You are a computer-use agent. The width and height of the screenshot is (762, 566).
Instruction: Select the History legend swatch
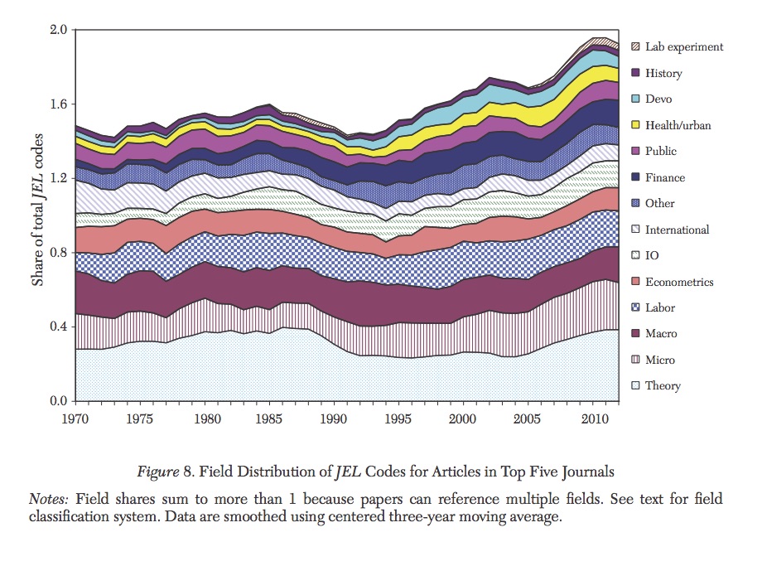coord(636,74)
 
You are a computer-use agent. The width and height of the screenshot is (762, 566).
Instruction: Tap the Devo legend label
coord(659,99)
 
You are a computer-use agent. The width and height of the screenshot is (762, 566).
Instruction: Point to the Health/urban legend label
coord(678,126)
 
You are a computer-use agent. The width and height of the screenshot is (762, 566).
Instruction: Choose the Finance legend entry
coord(665,177)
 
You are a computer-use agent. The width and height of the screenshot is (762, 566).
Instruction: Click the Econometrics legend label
coord(679,282)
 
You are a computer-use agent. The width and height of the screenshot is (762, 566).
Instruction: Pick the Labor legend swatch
coord(636,307)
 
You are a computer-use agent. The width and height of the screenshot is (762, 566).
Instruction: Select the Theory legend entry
coord(663,386)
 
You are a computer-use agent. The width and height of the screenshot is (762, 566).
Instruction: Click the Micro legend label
coord(660,360)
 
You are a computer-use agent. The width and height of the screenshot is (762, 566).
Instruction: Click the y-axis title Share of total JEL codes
coord(38,215)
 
